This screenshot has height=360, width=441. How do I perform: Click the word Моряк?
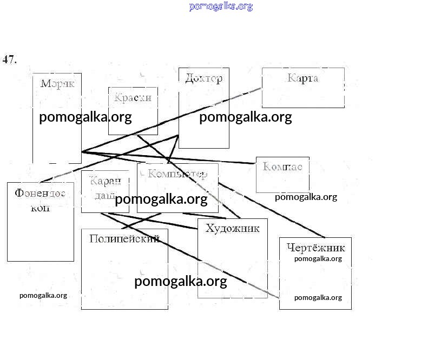(x=57, y=84)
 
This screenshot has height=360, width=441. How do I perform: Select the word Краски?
(x=133, y=98)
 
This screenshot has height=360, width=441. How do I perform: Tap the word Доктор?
(x=203, y=78)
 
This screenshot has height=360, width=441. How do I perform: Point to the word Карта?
(x=303, y=78)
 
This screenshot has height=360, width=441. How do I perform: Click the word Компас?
(x=282, y=166)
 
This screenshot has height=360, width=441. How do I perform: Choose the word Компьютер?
(x=177, y=174)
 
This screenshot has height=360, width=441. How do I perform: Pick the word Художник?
(x=232, y=228)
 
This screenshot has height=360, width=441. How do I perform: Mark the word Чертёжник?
(x=315, y=248)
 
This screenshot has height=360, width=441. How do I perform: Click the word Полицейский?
(x=124, y=238)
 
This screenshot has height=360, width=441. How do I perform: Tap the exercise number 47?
(x=10, y=59)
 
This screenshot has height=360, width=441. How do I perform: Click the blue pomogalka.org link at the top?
(x=221, y=6)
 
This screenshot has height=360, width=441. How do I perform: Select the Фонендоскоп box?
(x=40, y=222)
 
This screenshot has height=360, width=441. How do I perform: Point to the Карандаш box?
(x=97, y=191)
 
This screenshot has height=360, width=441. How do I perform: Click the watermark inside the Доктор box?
(x=245, y=117)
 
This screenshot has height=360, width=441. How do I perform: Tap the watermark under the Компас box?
(x=306, y=197)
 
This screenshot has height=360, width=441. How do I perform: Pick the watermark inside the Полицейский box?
(x=180, y=282)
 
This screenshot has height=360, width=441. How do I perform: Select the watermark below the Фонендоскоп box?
(x=43, y=295)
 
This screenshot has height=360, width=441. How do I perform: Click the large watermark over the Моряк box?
(x=85, y=117)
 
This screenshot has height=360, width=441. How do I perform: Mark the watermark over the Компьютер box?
(x=161, y=199)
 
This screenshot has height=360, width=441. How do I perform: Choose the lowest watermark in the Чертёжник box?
(x=318, y=297)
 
